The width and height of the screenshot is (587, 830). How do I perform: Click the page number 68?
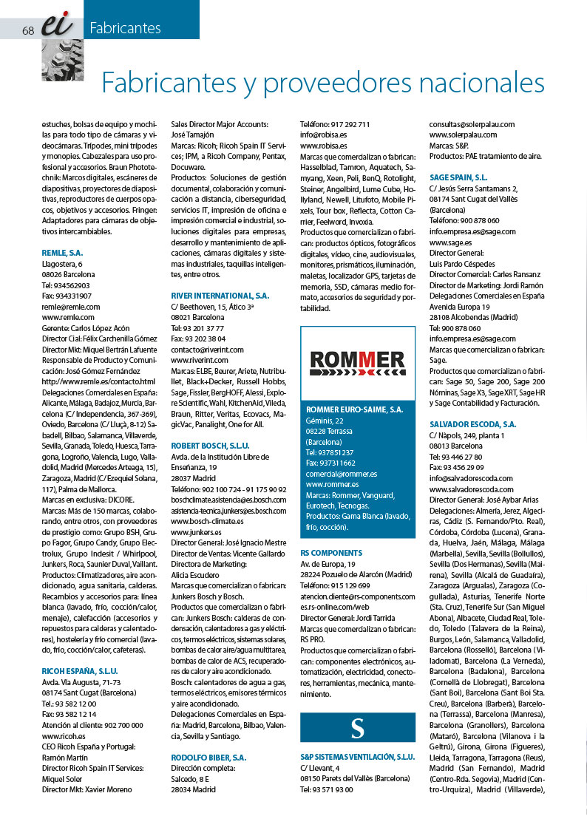29,30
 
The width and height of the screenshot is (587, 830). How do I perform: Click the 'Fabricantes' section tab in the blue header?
125,29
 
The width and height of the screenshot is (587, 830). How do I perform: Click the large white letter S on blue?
358,727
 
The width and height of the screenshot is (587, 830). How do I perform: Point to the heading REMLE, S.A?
62,253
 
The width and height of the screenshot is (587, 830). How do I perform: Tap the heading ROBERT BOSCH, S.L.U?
211,446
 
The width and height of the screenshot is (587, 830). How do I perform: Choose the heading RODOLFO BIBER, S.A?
209,758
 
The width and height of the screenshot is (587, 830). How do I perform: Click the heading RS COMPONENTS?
331,552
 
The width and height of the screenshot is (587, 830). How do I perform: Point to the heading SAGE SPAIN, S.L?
458,177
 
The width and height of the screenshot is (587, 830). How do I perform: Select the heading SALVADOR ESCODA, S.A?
472,424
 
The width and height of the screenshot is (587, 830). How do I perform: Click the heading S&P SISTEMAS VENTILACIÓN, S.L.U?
357,757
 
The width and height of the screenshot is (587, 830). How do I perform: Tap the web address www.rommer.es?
333,484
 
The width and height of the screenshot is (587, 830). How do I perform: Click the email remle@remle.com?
71,306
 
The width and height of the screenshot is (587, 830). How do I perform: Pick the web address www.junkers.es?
196,531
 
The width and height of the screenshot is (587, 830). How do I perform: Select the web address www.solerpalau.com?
463,135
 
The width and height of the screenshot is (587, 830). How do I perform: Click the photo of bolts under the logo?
62,59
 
